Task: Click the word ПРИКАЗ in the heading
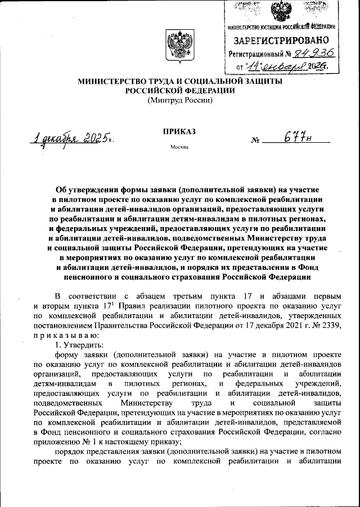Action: [179, 132]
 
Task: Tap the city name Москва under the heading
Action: [179, 148]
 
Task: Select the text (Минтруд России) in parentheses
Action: [179, 101]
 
